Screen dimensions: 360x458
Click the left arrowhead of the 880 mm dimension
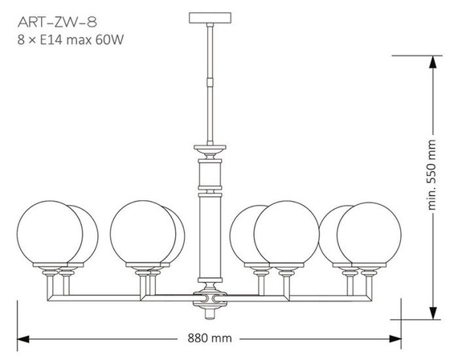coord(22,338)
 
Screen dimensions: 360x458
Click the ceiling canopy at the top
coord(208,17)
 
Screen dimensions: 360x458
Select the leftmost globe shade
coord(48,233)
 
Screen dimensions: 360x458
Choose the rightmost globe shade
coord(369,233)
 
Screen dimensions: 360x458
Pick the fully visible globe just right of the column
coord(285,233)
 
